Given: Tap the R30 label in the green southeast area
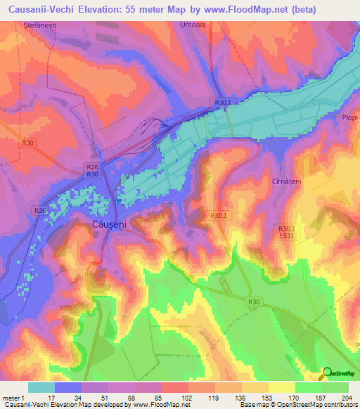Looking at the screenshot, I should [x=255, y=302].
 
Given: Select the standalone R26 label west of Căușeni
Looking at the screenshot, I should [x=40, y=210].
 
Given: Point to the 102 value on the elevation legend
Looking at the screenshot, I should [x=186, y=398].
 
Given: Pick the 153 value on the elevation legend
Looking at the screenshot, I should [x=266, y=398].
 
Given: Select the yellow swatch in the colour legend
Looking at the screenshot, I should [x=281, y=387].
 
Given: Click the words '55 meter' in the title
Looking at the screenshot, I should [x=139, y=10].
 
